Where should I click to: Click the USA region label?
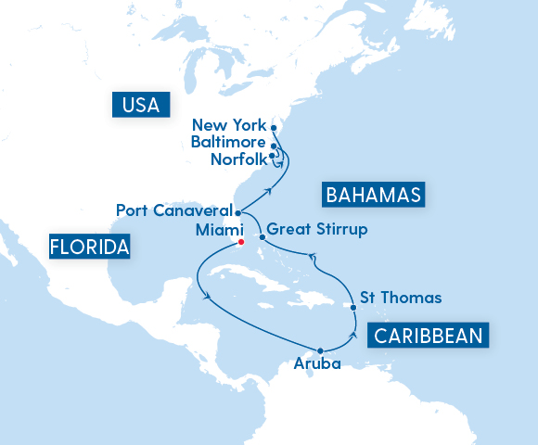(141, 105)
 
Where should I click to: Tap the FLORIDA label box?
(89, 248)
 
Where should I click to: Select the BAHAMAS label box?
(372, 195)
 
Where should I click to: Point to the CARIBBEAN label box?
(429, 335)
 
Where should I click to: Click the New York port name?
(228, 125)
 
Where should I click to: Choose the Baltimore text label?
(228, 143)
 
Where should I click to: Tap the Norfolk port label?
(238, 159)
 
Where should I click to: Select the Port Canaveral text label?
(173, 210)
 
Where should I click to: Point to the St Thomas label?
(401, 298)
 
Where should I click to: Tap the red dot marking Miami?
(239, 242)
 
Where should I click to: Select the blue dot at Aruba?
(320, 350)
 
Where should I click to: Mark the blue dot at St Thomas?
(353, 308)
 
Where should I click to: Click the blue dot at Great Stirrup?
(263, 237)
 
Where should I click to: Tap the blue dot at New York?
(274, 127)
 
